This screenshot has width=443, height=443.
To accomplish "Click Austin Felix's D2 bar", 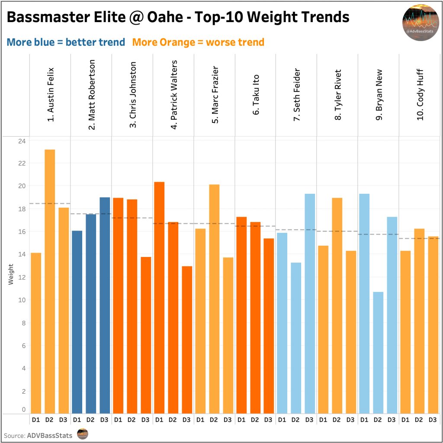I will coord(50,281).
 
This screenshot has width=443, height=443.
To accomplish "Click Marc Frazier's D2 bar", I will coord(214,299).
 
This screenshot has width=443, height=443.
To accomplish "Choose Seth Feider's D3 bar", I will coord(310,303).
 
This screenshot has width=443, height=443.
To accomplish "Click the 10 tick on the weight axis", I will coord(22,300).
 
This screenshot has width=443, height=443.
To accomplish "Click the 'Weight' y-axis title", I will coord(10,275).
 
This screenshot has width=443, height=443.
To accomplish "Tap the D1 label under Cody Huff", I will coord(405,420).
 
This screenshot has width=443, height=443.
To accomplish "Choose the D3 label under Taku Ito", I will coord(268,420).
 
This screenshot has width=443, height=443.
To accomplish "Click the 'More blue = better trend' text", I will coord(66,42).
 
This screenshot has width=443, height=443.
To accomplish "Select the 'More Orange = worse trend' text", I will coord(198,42).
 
